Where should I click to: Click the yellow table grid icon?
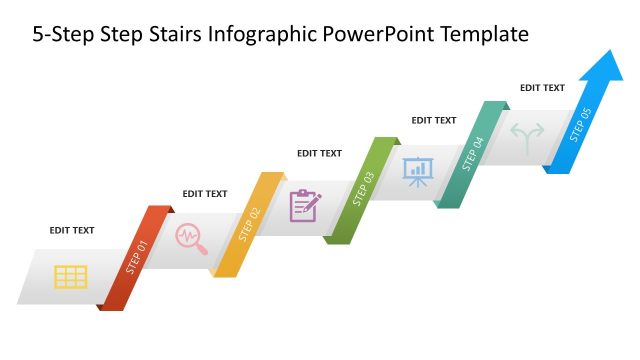[x=70, y=276]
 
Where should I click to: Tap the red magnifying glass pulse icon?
[x=189, y=238]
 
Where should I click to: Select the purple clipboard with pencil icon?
[x=305, y=205]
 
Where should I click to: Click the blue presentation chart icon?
[x=416, y=171]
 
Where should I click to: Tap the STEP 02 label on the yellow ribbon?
[x=249, y=224]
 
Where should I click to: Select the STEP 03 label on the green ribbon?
[x=363, y=189]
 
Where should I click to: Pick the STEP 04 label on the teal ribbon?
[x=473, y=155]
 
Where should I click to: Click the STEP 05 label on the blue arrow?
[x=581, y=124]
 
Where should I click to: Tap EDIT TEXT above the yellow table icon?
[x=72, y=230]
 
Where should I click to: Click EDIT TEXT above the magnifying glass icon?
[x=204, y=194]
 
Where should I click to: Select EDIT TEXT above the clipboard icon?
[x=319, y=153]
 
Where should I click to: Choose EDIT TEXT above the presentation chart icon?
[x=433, y=120]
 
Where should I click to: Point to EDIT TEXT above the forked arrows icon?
[x=542, y=88]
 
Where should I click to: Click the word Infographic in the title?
[x=253, y=35]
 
